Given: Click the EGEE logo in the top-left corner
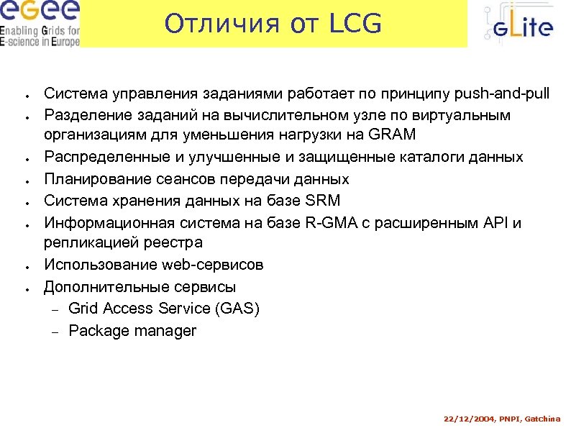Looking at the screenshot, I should pos(40,23).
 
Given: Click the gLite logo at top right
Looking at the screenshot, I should pos(518,26).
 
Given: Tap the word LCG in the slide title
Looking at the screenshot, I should pos(355,24).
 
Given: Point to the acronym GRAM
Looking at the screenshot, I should pos(392,136).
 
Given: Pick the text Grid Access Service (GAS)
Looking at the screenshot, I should pos(164,309).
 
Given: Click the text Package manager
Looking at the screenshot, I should pos(132,331).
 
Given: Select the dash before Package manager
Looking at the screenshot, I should pos(53,332).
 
